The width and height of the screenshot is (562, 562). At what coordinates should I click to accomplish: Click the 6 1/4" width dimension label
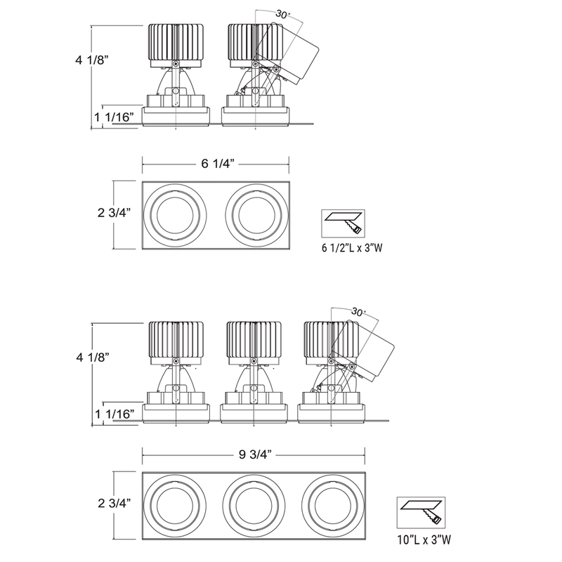(218, 164)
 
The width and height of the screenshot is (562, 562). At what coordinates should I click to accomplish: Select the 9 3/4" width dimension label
(255, 455)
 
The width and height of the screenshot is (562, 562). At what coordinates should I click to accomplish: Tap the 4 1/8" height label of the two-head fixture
(92, 60)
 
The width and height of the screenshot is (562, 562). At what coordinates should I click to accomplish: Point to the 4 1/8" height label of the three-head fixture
(93, 357)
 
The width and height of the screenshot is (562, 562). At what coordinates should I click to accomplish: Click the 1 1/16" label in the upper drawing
(114, 117)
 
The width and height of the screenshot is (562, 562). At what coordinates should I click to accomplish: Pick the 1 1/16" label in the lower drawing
(115, 414)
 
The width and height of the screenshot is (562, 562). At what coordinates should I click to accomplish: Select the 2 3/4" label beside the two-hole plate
(114, 213)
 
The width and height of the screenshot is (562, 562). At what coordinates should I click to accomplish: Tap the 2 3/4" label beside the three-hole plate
(115, 503)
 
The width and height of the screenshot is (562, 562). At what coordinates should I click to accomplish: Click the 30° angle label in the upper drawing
(283, 15)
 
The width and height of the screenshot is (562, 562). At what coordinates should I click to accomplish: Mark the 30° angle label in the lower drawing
(358, 312)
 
